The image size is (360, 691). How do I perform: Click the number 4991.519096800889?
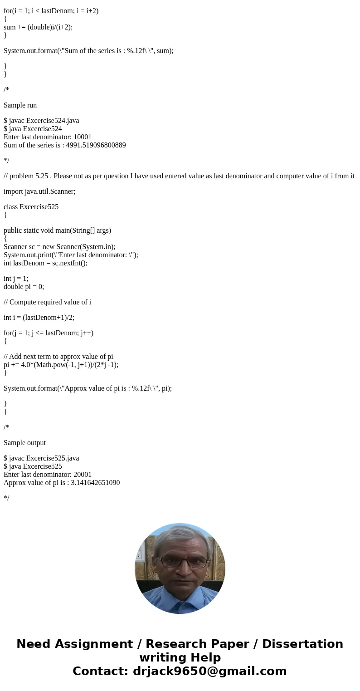pos(96,145)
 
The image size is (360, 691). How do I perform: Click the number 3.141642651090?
pos(95,483)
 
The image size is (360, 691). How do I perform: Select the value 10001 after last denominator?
pos(83,137)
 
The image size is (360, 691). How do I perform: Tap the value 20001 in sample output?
pos(83,475)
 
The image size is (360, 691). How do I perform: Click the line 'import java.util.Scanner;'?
pos(39,191)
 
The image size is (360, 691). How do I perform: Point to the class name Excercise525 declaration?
pos(39,207)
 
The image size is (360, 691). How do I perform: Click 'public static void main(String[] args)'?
pos(57,230)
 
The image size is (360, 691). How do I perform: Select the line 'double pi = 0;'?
pos(24,287)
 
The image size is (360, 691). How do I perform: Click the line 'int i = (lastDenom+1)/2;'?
pos(39,318)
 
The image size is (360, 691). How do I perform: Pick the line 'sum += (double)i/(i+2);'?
pos(38,27)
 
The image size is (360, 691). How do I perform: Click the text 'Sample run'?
pos(20,105)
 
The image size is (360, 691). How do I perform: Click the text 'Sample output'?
pos(25,443)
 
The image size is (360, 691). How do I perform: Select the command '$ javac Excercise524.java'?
pos(41,121)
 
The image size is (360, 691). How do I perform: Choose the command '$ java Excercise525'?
pos(33,466)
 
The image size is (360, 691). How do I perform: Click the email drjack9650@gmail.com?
pos(209,671)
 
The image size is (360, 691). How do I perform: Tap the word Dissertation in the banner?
pos(302,644)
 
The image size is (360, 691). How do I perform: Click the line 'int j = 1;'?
pos(16,279)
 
